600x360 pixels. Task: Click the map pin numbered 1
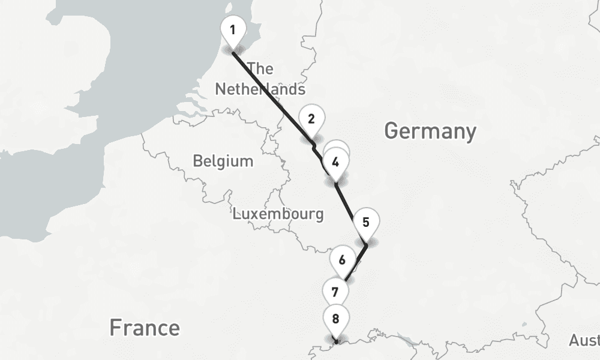(x=232, y=29)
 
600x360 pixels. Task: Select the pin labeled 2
(x=311, y=119)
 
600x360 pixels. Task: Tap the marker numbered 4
(x=335, y=162)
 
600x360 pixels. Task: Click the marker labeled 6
(x=342, y=260)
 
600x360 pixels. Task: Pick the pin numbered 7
(x=335, y=292)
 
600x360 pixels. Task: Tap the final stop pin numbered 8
(x=335, y=319)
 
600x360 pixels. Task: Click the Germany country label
(x=430, y=131)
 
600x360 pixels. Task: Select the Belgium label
(x=223, y=161)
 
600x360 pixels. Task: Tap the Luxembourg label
(x=278, y=214)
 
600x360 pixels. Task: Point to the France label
(x=144, y=328)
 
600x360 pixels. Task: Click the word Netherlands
(x=260, y=89)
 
